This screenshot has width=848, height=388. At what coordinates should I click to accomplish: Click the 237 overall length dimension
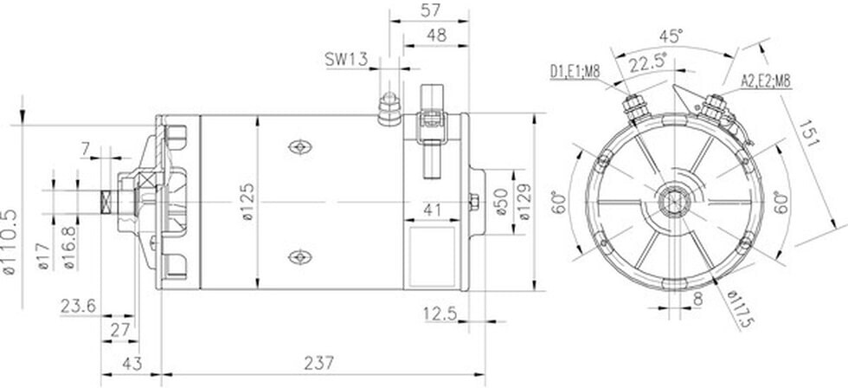[x=319, y=363]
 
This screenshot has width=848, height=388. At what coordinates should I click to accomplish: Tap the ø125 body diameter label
[x=247, y=202]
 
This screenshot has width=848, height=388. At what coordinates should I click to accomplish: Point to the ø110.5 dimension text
[x=10, y=242]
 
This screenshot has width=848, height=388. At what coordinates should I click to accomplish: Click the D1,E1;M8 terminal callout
[x=575, y=71]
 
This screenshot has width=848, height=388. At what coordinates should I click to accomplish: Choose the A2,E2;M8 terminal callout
[x=765, y=81]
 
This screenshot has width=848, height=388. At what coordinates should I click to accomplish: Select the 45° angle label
[x=671, y=36]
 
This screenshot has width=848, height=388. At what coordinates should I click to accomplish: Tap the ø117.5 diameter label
[x=740, y=309]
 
